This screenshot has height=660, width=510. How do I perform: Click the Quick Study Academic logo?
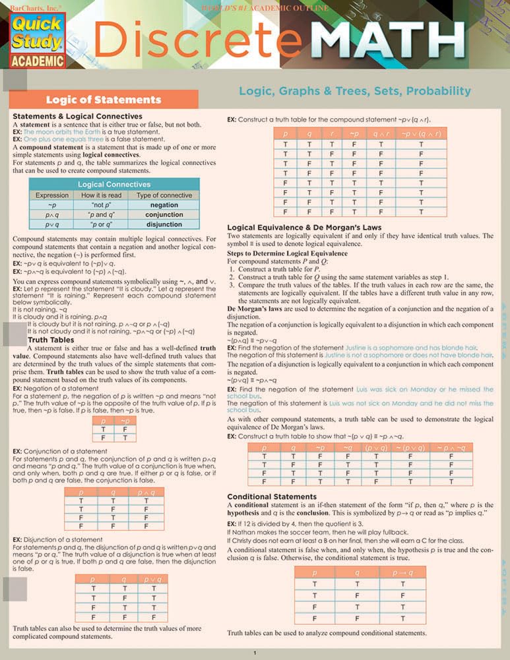[37, 40]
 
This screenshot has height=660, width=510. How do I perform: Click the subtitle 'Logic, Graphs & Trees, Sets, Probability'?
[354, 91]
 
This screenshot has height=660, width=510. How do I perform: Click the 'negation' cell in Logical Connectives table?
[164, 205]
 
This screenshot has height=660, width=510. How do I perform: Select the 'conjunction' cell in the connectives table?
[164, 214]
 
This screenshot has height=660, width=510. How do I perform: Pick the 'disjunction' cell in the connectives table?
[164, 224]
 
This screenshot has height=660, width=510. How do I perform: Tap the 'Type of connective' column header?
[164, 195]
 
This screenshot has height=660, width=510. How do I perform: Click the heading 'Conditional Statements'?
[272, 496]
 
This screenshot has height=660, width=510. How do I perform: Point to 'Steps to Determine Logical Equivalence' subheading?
[287, 253]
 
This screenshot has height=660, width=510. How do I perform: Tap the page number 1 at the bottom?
[255, 653]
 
